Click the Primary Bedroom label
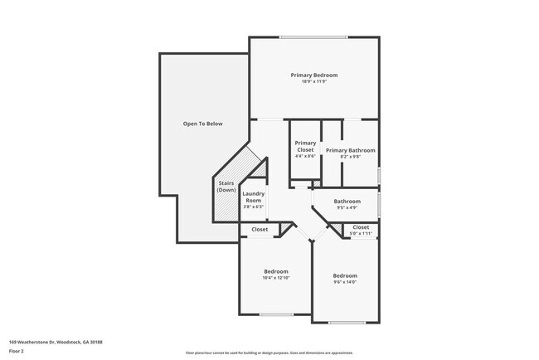click(313, 75)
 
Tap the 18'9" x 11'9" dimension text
click(313, 82)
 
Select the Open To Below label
click(203, 124)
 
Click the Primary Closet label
click(305, 146)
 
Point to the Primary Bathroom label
click(350, 150)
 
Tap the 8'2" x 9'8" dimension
click(350, 157)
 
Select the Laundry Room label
click(253, 197)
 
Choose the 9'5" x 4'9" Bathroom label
click(347, 202)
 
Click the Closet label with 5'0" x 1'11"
click(361, 227)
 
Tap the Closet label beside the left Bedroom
click(260, 229)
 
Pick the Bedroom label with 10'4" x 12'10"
click(276, 271)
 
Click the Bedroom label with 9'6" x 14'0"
click(345, 275)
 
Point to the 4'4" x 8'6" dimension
click(305, 156)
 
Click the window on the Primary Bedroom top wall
click(313, 36)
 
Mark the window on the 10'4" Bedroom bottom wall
click(276, 314)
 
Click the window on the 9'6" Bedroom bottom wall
click(346, 321)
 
